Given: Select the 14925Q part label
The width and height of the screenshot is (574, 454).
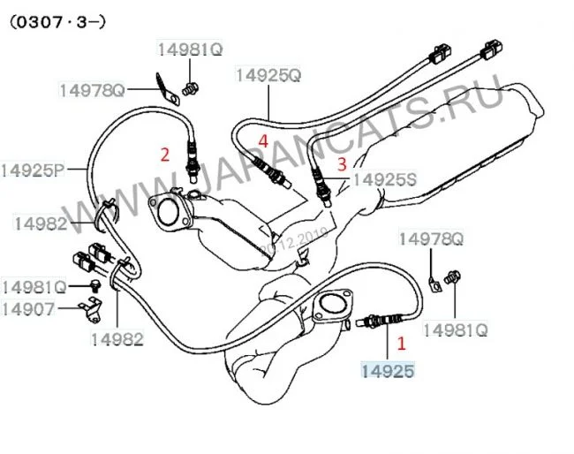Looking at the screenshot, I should [268, 76].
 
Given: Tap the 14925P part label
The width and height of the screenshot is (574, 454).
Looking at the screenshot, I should [34, 169].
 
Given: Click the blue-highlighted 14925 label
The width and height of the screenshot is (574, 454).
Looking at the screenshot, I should [386, 370].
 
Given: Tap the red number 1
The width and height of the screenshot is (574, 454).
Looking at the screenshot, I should [402, 339].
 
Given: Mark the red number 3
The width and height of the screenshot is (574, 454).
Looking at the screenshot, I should [343, 162].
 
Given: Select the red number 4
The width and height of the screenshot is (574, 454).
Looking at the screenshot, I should [263, 140].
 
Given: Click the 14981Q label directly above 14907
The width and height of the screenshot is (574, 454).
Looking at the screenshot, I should [34, 287].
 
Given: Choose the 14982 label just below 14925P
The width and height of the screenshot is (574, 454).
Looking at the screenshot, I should [40, 224].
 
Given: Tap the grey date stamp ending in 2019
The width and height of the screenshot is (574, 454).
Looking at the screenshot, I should [299, 237].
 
